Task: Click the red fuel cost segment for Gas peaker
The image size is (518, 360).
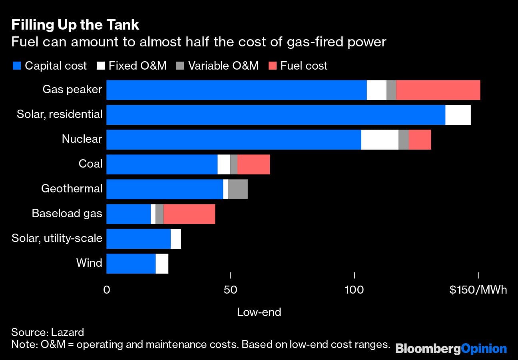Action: pyautogui.click(x=438, y=90)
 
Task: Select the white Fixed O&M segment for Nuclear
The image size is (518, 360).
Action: pyautogui.click(x=380, y=140)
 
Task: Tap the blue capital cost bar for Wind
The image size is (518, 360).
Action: pyautogui.click(x=131, y=264)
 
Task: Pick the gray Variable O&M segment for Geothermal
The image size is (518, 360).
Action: pyautogui.click(x=238, y=189)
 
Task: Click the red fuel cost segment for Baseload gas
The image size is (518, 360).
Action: pyautogui.click(x=189, y=214)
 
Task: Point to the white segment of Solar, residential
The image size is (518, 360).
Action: pyautogui.click(x=458, y=115)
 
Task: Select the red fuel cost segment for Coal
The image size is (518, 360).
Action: pyautogui.click(x=253, y=164)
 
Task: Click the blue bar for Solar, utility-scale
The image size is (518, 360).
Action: pyautogui.click(x=138, y=239)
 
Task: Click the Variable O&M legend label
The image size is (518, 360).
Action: pyautogui.click(x=223, y=66)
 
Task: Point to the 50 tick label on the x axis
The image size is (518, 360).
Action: pyautogui.click(x=231, y=290)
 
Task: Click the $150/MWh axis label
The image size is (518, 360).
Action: pyautogui.click(x=478, y=290)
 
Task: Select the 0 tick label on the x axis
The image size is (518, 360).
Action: pyautogui.click(x=106, y=290)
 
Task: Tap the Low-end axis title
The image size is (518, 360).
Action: pyautogui.click(x=259, y=312)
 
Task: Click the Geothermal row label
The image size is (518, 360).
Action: pyautogui.click(x=72, y=189)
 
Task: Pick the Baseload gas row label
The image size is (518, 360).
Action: pyautogui.click(x=67, y=214)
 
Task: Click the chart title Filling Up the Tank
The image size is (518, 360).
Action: pyautogui.click(x=75, y=25)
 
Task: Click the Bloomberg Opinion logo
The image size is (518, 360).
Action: pyautogui.click(x=451, y=348)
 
